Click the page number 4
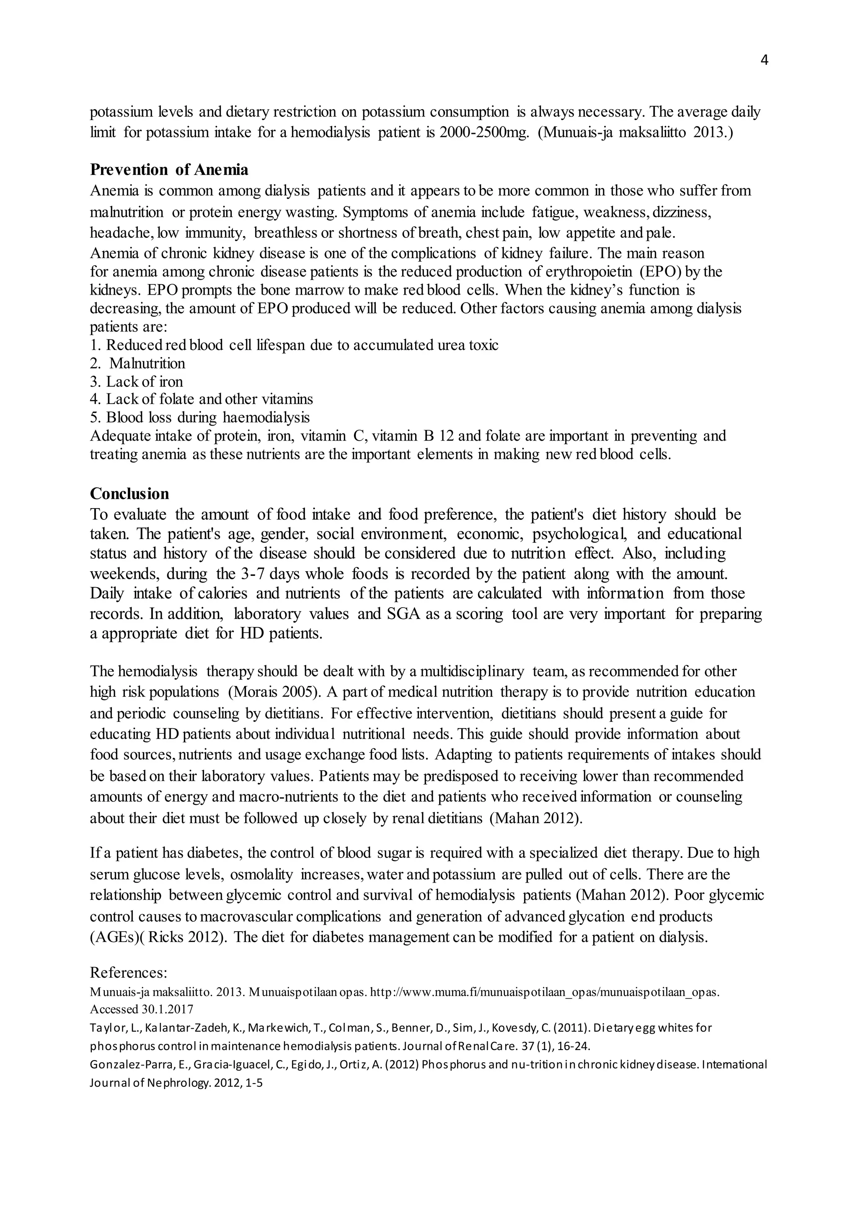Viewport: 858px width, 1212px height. click(x=764, y=61)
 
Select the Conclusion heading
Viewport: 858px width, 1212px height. click(x=129, y=493)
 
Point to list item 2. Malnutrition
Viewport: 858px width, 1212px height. click(x=138, y=363)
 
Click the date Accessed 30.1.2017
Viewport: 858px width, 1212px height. click(x=142, y=1009)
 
